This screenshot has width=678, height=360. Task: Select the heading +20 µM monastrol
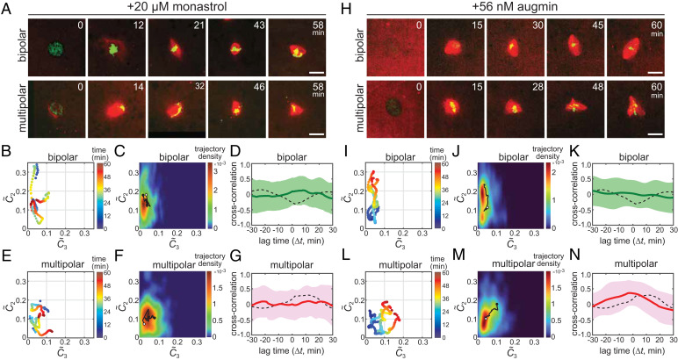click(x=169, y=8)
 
